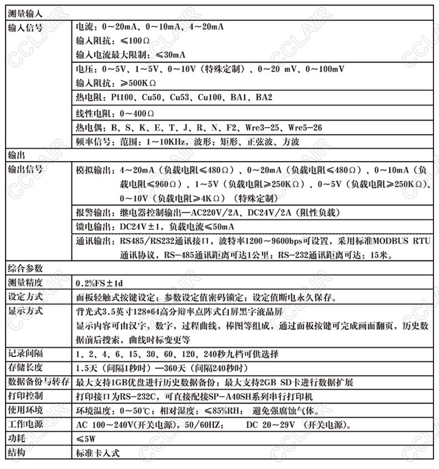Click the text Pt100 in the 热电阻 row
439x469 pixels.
pos(123,97)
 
